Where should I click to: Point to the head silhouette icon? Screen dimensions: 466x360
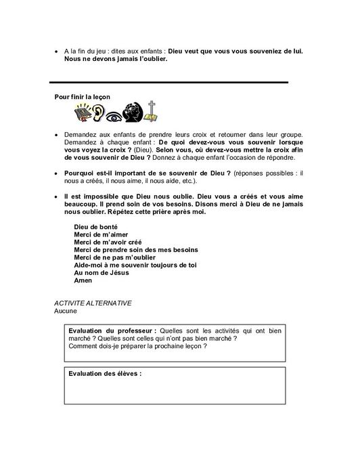point(135,113)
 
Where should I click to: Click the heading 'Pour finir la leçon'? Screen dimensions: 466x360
point(83,97)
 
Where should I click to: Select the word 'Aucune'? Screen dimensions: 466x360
point(66,312)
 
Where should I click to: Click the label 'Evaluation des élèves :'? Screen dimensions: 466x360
point(105,373)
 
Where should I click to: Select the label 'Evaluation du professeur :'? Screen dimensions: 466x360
point(111,329)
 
